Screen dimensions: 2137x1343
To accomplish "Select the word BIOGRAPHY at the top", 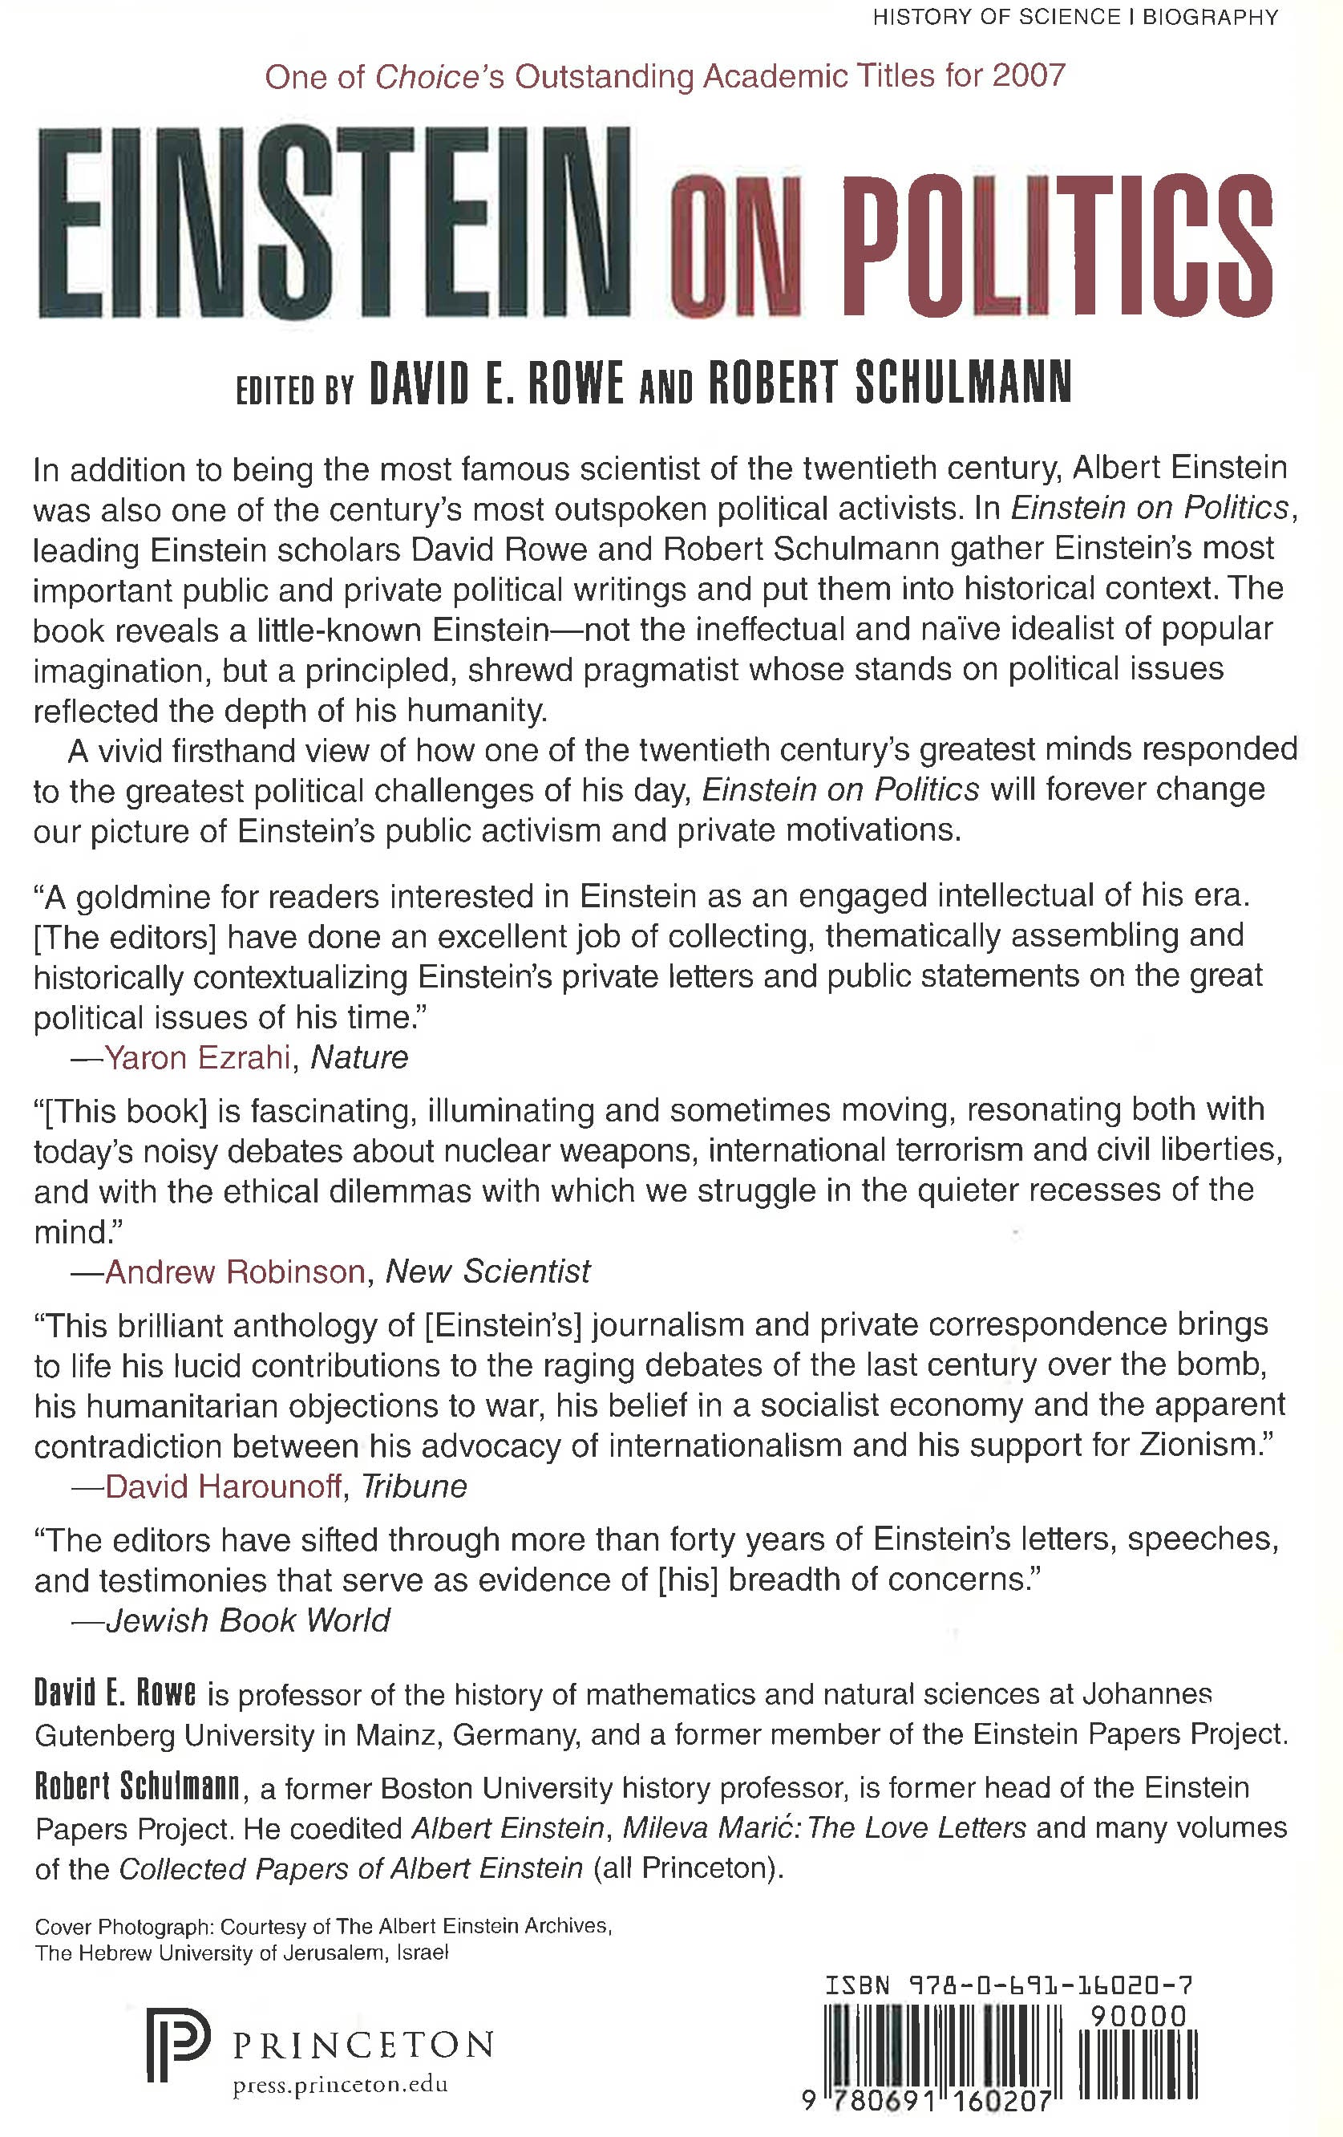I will (1210, 17).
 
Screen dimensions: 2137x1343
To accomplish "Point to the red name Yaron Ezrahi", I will (197, 1057).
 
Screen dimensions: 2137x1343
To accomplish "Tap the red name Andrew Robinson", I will (234, 1271).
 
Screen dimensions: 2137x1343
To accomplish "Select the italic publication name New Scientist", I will (487, 1271).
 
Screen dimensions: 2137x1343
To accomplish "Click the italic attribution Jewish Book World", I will (248, 1620).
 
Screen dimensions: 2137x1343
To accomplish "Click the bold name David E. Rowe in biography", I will (115, 1694).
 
